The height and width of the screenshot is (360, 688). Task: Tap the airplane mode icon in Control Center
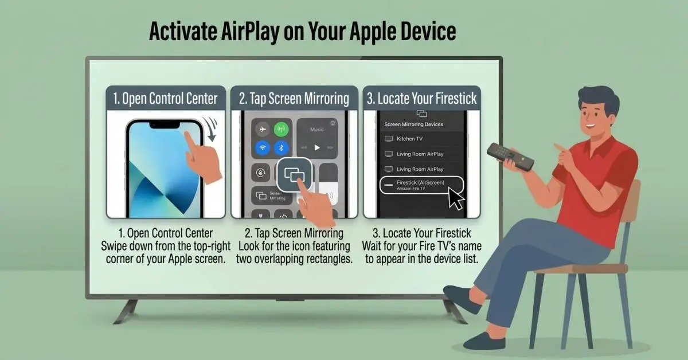coord(262,129)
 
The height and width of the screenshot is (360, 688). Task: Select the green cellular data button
coord(281,129)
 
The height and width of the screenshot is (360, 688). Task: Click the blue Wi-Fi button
coord(262,148)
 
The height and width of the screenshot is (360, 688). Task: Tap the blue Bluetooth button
coord(281,148)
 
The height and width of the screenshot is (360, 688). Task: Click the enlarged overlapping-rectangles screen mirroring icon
coord(295,175)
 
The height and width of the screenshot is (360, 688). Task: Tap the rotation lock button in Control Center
coord(261,171)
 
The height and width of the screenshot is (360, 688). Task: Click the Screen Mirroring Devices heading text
coord(413,124)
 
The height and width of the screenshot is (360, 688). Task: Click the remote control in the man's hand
coord(510,156)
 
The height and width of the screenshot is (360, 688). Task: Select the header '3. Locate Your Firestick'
coord(421,99)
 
